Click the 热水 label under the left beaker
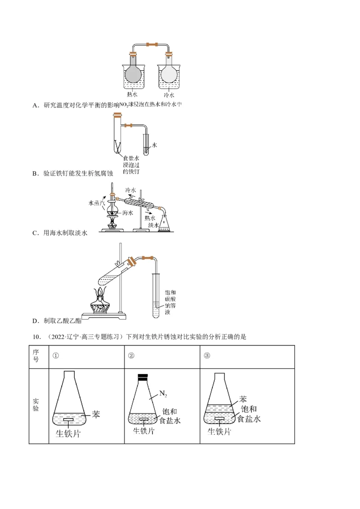click(x=132, y=95)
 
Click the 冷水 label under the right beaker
click(x=169, y=95)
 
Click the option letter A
click(x=35, y=105)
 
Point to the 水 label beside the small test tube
click(x=154, y=145)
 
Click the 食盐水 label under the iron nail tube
click(x=131, y=159)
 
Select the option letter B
click(x=35, y=173)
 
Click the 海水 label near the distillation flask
click(x=128, y=214)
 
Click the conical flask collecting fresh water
click(x=165, y=223)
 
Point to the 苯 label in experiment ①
click(x=96, y=414)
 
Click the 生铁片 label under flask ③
click(x=219, y=432)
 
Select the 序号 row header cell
click(x=36, y=355)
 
